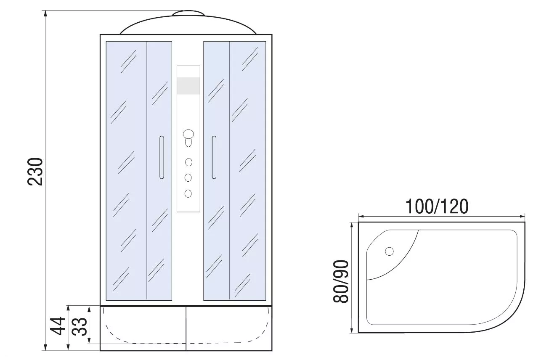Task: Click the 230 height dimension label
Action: [35, 172]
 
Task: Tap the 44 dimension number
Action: [58, 326]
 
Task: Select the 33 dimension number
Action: [80, 327]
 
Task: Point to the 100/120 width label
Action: [437, 206]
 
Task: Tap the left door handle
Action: [162, 157]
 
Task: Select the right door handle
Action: [214, 157]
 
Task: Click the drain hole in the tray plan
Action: [390, 251]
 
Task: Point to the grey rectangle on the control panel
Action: [188, 86]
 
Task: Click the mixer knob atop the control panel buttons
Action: [188, 134]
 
